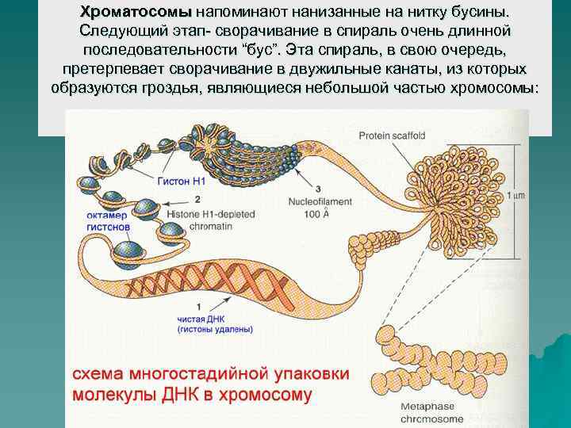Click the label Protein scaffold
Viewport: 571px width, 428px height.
point(392,136)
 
